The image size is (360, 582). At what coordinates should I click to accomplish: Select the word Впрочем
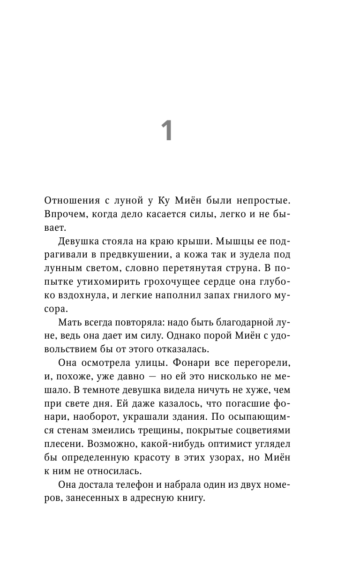coord(64,214)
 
